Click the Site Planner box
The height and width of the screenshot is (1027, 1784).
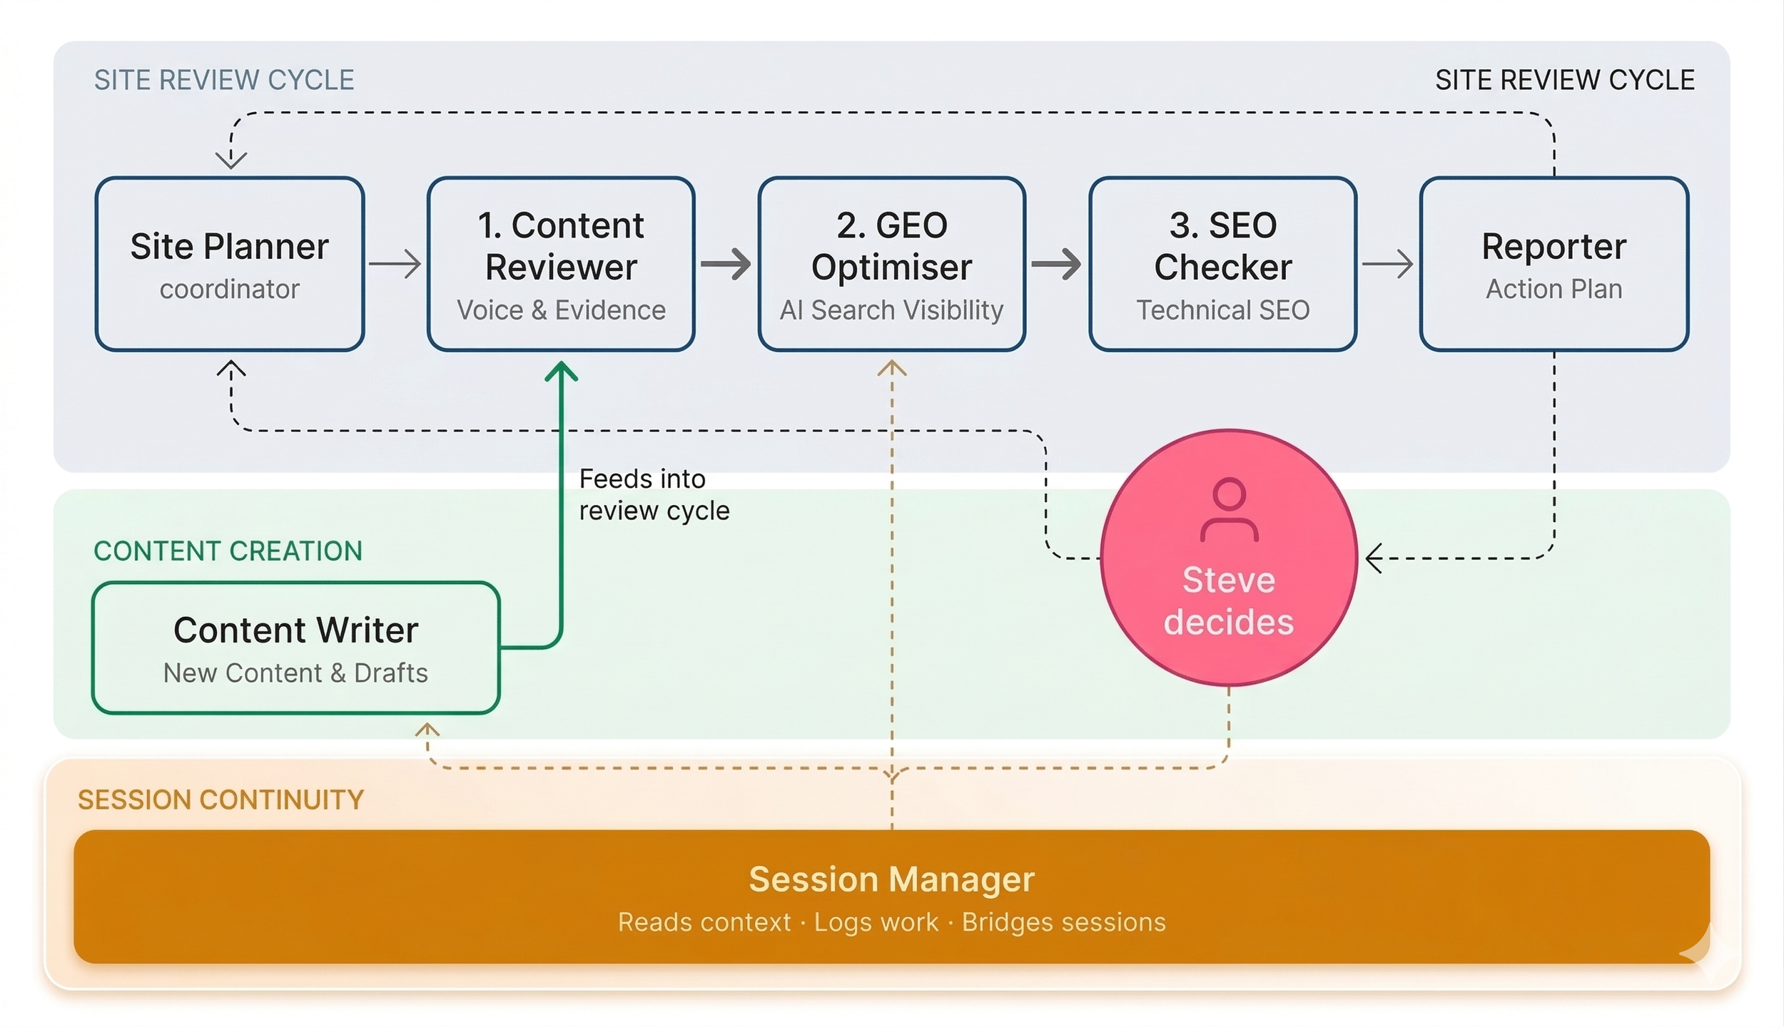tap(230, 264)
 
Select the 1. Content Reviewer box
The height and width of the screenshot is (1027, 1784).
tap(561, 264)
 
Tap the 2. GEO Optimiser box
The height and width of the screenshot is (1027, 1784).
tap(891, 264)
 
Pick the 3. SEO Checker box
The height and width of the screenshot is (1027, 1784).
tap(1222, 264)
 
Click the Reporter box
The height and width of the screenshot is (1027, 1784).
tap(1554, 264)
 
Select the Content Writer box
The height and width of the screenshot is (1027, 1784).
tap(295, 648)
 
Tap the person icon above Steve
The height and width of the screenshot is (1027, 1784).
tap(1229, 510)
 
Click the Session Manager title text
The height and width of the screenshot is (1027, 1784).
tap(891, 879)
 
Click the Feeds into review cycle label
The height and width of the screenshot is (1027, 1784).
tap(654, 494)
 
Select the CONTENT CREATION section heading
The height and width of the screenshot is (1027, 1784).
tap(228, 551)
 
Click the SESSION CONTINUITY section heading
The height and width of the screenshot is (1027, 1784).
tap(221, 799)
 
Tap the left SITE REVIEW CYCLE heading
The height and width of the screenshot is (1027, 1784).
tap(224, 80)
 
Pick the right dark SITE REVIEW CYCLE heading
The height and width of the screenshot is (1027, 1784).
tap(1564, 80)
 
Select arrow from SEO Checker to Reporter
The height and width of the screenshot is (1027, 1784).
tap(1388, 264)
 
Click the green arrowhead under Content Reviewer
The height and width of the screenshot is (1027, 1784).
tap(561, 371)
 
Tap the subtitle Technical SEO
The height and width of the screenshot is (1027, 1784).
tap(1222, 310)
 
